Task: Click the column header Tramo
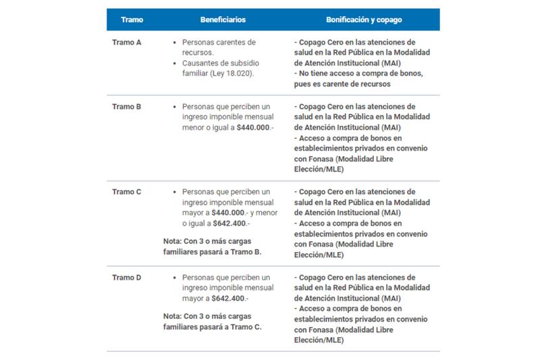(x=132, y=20)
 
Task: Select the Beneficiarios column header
(x=222, y=20)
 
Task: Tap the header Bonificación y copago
(x=365, y=20)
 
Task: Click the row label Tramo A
(x=126, y=42)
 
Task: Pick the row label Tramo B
(x=126, y=106)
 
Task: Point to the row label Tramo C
(x=126, y=191)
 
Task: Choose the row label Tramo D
(x=126, y=277)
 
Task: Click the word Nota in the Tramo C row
(x=172, y=240)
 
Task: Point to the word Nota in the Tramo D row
(x=172, y=315)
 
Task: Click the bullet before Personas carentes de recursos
(x=175, y=43)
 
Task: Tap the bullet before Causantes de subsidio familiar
(x=175, y=63)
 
